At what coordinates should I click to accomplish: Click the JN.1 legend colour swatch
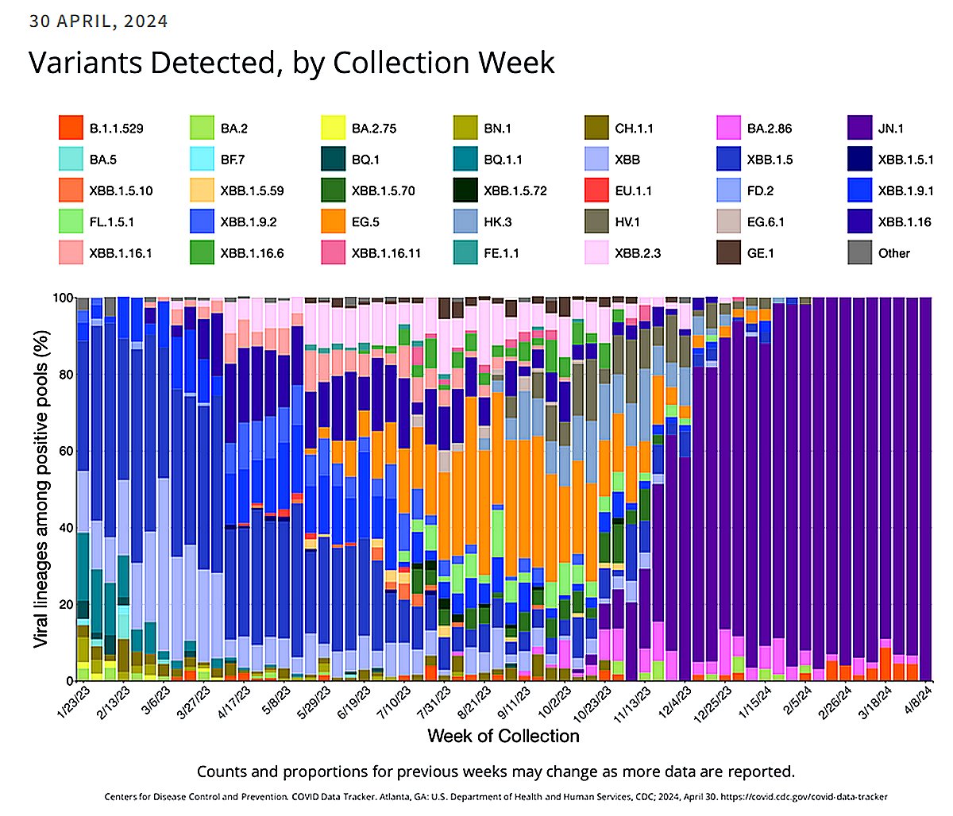tap(861, 128)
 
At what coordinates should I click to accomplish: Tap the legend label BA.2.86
tap(769, 128)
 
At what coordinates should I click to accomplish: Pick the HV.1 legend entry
tap(633, 221)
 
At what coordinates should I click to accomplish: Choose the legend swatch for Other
tap(861, 252)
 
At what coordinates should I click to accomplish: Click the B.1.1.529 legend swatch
tap(71, 128)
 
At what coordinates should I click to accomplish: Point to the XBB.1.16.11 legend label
tap(386, 253)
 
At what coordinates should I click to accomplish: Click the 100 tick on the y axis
tap(62, 298)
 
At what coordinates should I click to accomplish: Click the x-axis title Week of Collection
tap(504, 736)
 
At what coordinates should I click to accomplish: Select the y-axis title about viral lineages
tap(41, 485)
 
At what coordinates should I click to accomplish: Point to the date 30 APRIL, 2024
tap(98, 21)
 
